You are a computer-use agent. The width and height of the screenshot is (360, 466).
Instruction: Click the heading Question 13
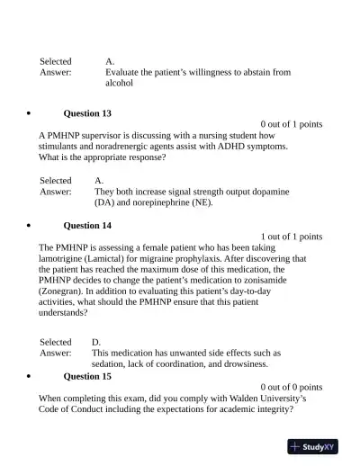point(87,114)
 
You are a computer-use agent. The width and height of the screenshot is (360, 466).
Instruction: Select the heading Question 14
point(87,226)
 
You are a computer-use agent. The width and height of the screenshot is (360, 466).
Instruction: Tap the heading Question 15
point(87,377)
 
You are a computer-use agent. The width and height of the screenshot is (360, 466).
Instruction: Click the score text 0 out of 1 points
point(291,124)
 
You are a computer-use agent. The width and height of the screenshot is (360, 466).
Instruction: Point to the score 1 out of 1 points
point(291,237)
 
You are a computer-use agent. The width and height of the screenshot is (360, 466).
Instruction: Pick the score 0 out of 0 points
point(291,388)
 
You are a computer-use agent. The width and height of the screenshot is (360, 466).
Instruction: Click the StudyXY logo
point(313,447)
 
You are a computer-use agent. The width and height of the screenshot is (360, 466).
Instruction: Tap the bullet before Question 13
point(31,114)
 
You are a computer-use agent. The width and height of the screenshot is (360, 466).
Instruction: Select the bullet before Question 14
point(31,226)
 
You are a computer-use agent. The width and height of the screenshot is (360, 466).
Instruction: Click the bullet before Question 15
point(31,377)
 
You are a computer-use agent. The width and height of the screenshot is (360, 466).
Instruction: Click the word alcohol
point(119,83)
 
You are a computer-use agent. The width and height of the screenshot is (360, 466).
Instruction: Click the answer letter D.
point(96,343)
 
